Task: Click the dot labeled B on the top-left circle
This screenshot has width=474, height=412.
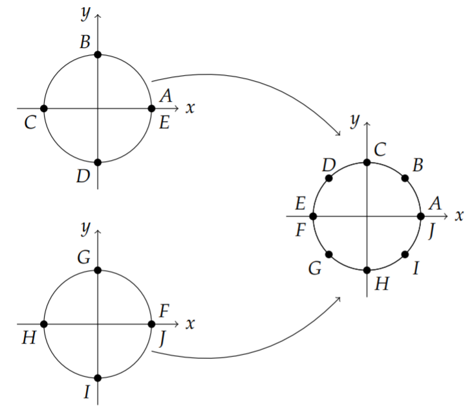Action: tap(98, 54)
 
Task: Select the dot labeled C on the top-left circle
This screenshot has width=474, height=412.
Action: tap(44, 108)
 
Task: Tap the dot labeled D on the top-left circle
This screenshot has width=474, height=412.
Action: tap(98, 162)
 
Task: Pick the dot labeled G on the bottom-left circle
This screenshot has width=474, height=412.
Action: tap(98, 270)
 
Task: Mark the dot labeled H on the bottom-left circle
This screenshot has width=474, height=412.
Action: tap(44, 324)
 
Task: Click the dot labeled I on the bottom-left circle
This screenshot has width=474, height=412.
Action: tap(98, 378)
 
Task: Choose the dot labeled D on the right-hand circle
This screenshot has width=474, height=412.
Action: tap(329, 178)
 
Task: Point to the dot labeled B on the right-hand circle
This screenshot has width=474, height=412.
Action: tap(405, 178)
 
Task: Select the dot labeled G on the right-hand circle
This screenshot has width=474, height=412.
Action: tap(329, 255)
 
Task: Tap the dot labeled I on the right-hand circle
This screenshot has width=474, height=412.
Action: tap(405, 255)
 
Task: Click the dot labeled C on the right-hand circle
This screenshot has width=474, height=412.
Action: tap(367, 163)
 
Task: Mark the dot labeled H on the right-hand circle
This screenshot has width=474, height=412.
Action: tap(367, 270)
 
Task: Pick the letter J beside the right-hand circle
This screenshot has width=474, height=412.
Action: tap(432, 231)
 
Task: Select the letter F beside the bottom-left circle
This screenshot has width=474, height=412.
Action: tap(164, 311)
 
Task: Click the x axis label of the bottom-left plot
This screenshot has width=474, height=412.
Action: tap(190, 324)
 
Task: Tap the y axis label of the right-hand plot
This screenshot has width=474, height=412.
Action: tap(355, 120)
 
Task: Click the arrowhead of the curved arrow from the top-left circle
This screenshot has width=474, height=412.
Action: tap(339, 134)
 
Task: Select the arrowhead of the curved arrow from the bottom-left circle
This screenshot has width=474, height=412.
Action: tap(339, 299)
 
